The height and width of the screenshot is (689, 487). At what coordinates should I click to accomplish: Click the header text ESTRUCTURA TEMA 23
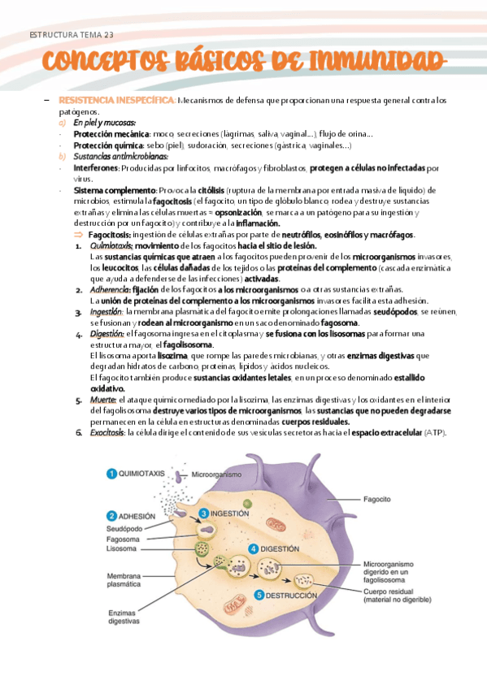(71, 34)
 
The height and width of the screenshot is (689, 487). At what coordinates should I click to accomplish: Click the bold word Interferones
(96, 168)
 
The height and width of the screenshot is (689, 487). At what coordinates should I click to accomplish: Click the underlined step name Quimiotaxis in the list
(111, 245)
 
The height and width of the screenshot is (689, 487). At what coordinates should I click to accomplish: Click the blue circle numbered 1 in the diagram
(111, 474)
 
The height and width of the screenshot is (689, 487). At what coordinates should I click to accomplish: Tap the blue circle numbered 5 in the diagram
(259, 596)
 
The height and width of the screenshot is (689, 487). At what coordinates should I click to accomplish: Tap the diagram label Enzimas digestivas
(124, 617)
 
